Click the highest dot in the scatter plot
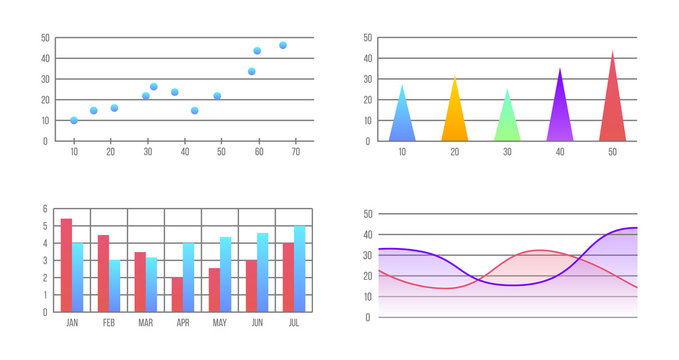[283, 45]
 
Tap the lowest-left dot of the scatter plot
[74, 120]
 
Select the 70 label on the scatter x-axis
[296, 152]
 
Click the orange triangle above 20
[455, 115]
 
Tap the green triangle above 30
[507, 120]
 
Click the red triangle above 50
[612, 105]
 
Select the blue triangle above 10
[402, 118]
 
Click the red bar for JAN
[66, 265]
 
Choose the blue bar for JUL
[300, 268]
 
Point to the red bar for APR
[177, 294]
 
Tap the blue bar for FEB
[115, 285]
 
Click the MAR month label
[146, 323]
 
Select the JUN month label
[257, 323]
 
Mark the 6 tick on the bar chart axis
[45, 209]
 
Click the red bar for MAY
[214, 289]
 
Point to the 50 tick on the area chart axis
[368, 214]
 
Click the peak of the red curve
[538, 250]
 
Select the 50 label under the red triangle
[612, 152]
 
